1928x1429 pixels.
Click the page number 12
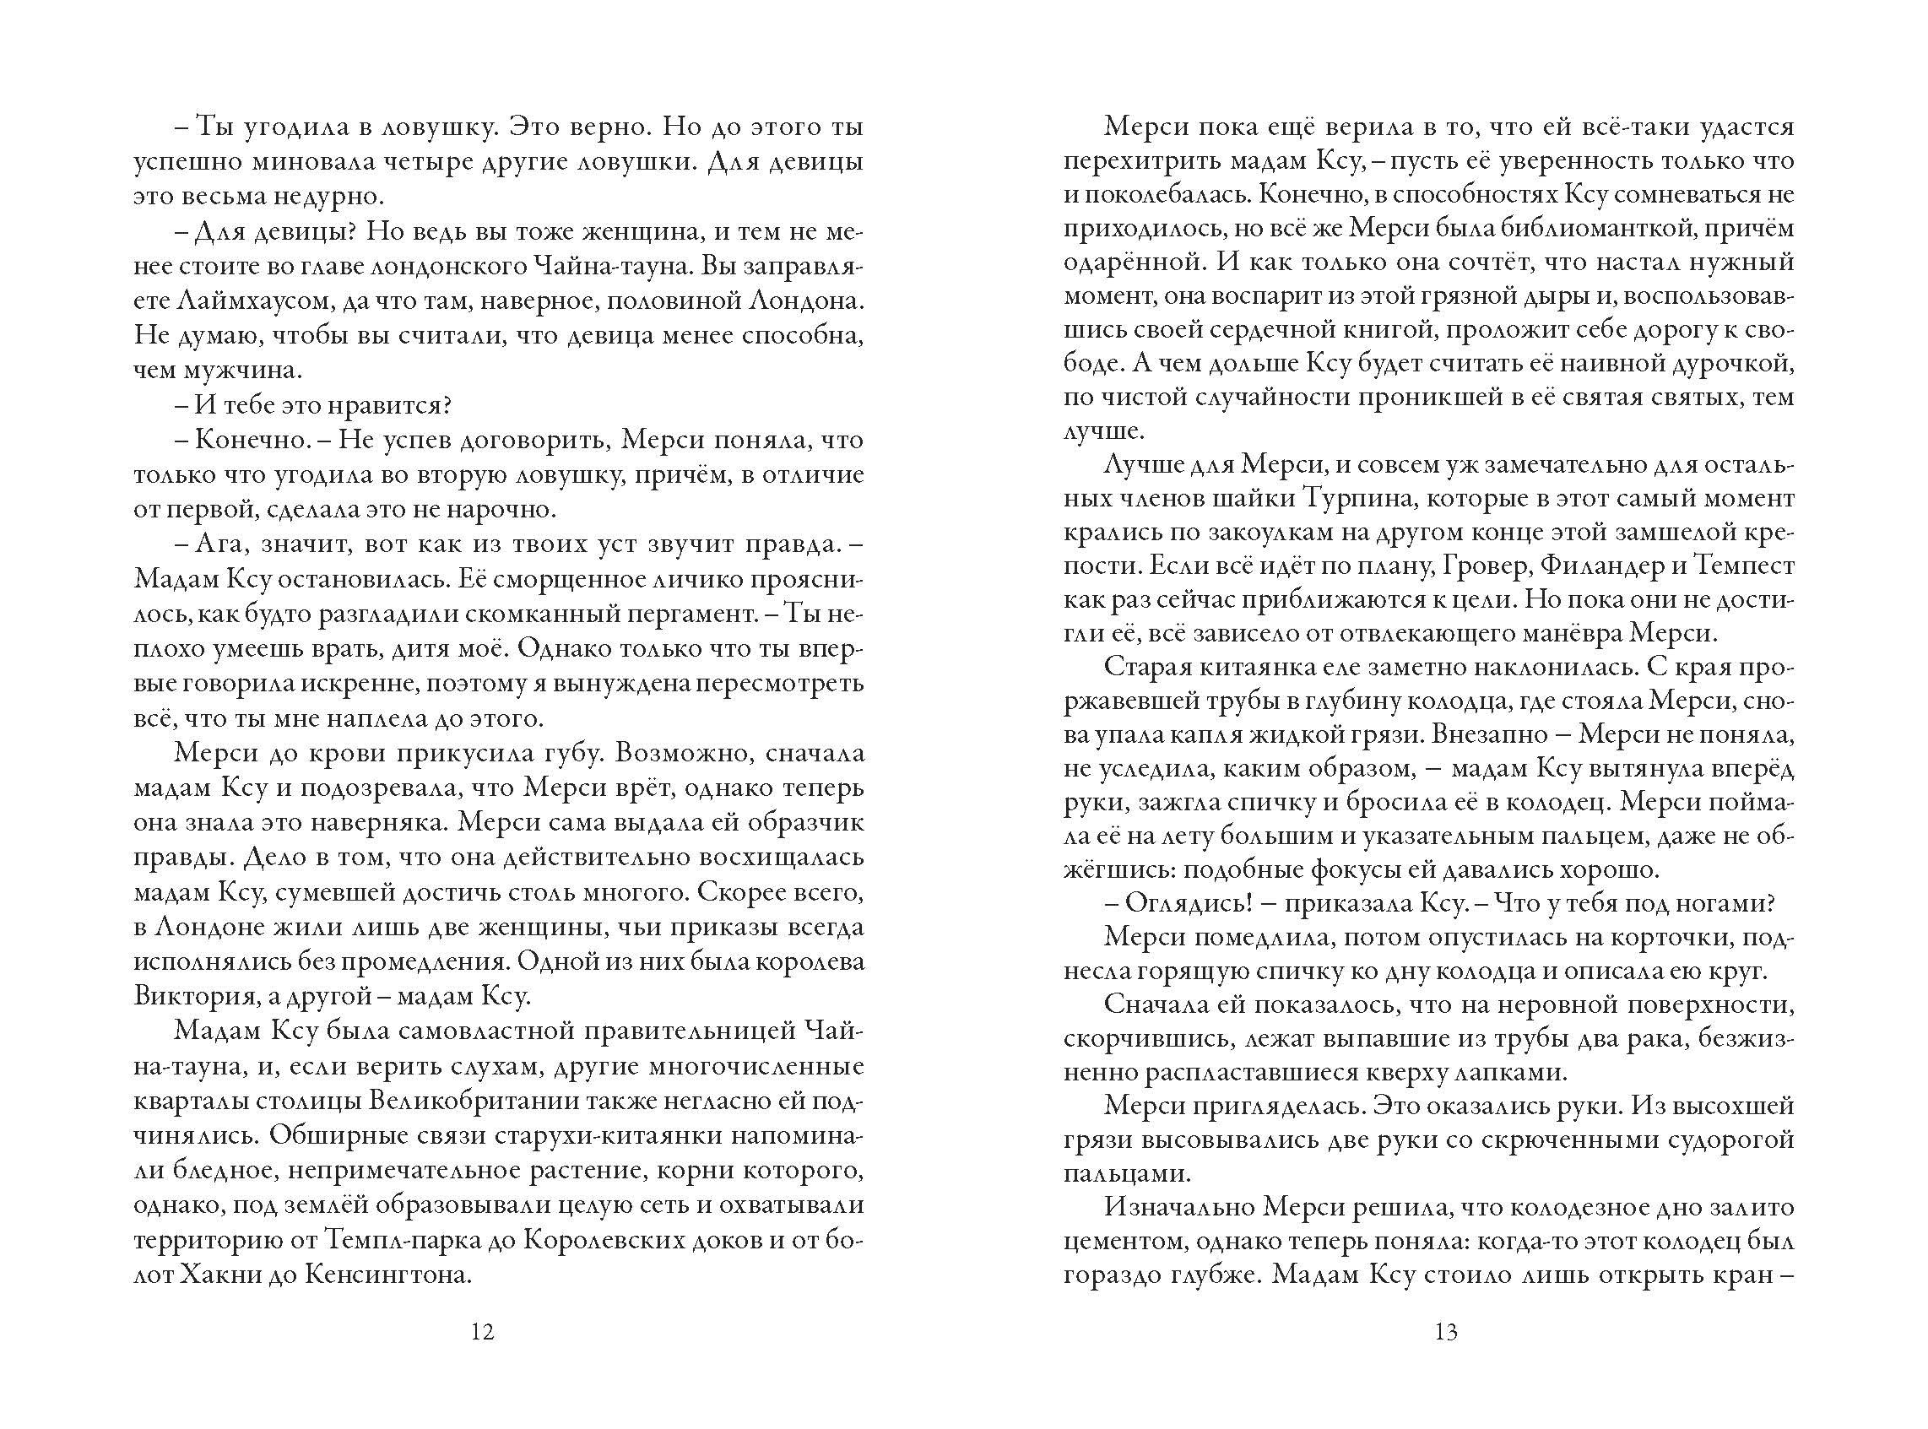click(x=483, y=1356)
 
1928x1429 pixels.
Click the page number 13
click(x=1446, y=1356)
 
